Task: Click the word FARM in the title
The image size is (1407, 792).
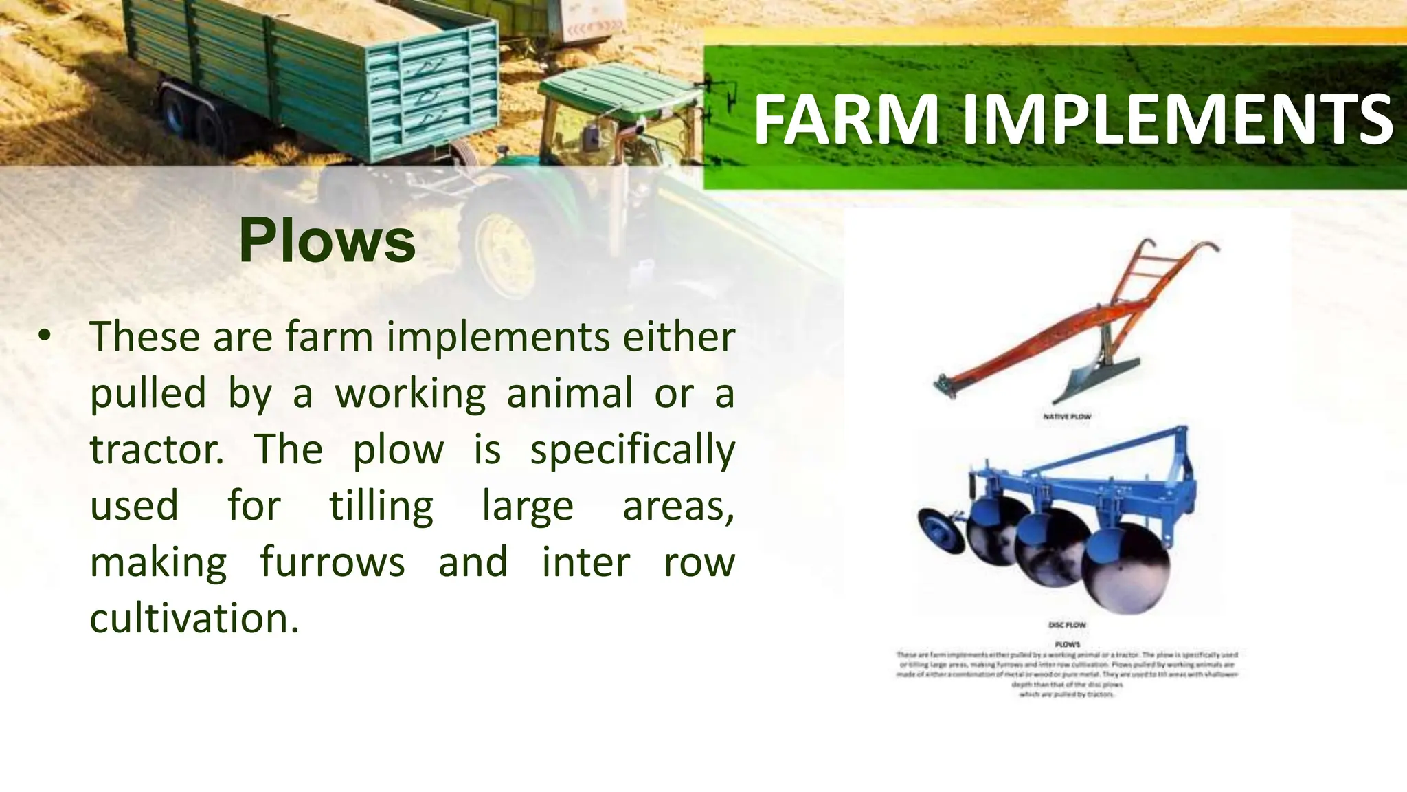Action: click(846, 121)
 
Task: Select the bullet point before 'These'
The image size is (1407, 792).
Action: click(45, 336)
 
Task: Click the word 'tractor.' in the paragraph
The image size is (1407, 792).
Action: click(157, 450)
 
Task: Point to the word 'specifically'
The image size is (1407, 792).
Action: click(632, 451)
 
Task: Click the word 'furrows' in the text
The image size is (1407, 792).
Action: click(333, 562)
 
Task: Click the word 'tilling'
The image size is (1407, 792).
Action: click(381, 506)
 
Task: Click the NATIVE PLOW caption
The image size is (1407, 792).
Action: click(1066, 417)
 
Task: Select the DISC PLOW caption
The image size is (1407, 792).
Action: click(1066, 625)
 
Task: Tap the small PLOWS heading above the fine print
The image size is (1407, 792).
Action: click(1068, 644)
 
